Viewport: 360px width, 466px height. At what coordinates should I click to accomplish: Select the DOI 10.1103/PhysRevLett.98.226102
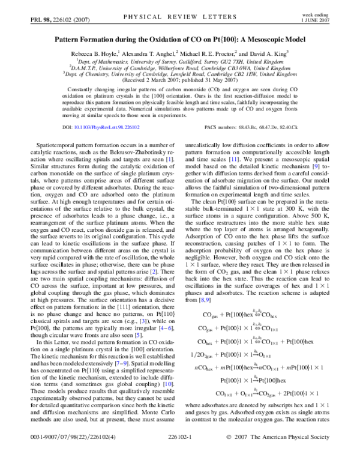tap(95, 127)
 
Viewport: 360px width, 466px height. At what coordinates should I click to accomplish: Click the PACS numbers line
tap(257, 127)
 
